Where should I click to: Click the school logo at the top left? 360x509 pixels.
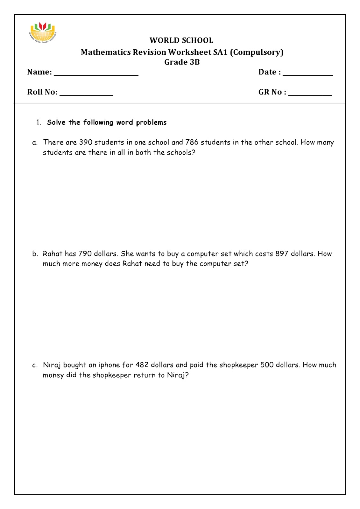click(x=43, y=32)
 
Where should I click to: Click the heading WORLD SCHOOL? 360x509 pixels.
click(x=181, y=40)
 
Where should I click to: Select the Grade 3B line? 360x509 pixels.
click(x=182, y=62)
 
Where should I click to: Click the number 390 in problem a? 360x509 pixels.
click(x=86, y=142)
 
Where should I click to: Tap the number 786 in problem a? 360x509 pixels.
click(x=192, y=142)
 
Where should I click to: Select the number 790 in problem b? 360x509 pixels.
click(x=85, y=254)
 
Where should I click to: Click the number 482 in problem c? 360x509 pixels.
click(x=142, y=365)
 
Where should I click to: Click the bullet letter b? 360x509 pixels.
click(x=35, y=254)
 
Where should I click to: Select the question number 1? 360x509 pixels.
click(x=39, y=122)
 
